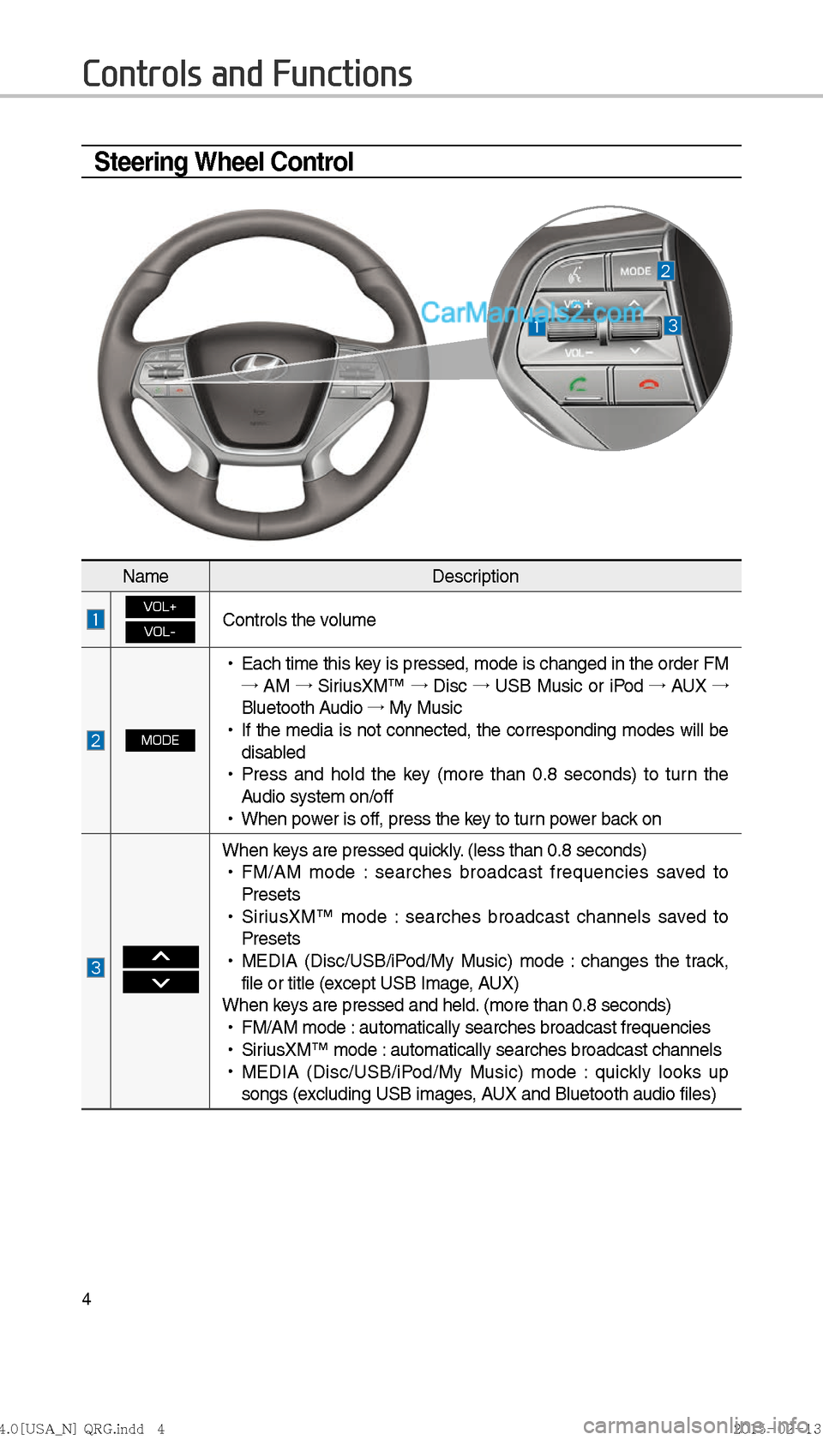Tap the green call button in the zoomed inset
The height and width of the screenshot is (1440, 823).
point(577,385)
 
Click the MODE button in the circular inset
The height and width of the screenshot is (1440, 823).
point(635,271)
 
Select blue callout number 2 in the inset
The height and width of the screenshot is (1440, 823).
point(665,271)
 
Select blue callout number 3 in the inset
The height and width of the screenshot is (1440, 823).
point(673,326)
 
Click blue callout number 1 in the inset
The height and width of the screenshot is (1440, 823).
point(537,327)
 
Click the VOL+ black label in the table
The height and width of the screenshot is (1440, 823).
point(160,607)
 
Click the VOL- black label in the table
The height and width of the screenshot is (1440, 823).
point(160,632)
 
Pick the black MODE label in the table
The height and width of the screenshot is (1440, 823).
point(160,740)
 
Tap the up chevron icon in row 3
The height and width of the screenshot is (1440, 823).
point(160,957)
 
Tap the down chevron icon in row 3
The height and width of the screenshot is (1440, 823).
point(160,982)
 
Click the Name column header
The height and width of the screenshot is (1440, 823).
point(146,576)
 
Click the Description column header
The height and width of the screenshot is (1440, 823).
point(475,576)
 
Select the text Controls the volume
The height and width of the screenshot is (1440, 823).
point(299,620)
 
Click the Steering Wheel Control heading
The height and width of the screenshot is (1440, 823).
point(224,162)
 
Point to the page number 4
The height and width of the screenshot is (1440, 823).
point(87,1299)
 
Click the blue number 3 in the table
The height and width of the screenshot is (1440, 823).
point(96,968)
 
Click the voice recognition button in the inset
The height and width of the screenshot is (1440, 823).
point(574,273)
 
